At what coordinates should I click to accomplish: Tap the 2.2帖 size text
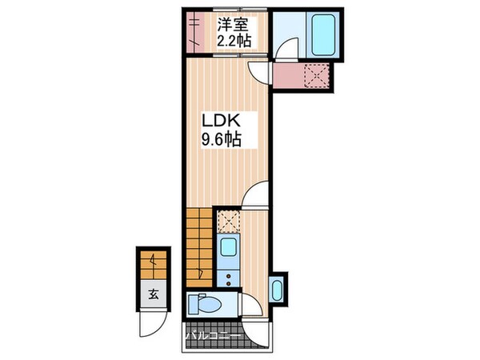point(232,38)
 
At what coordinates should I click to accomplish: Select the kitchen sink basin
point(226,250)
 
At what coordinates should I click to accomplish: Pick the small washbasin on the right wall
point(278,288)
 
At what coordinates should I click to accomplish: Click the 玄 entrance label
point(151,294)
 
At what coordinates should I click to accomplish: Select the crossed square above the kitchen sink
point(227,219)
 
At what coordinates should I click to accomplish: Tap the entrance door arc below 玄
point(149,325)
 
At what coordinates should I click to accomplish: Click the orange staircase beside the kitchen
point(202,245)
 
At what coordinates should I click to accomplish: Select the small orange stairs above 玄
point(152,261)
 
